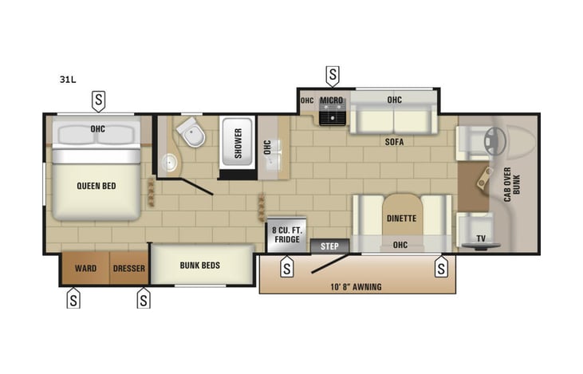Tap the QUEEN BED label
pyautogui.click(x=97, y=186)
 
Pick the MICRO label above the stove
pyautogui.click(x=331, y=100)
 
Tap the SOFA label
pyautogui.click(x=393, y=142)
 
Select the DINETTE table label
pyautogui.click(x=402, y=218)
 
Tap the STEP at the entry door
pyautogui.click(x=329, y=246)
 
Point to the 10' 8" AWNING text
pyautogui.click(x=356, y=286)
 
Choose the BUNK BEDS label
pyautogui.click(x=199, y=266)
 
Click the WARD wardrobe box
pyautogui.click(x=85, y=268)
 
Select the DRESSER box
pyautogui.click(x=129, y=268)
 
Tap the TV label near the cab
pyautogui.click(x=480, y=238)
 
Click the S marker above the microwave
pyautogui.click(x=333, y=75)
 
